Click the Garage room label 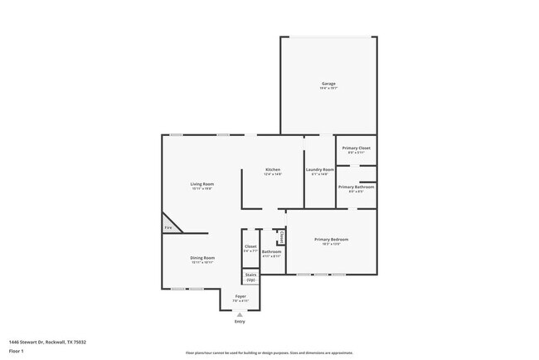point(328,84)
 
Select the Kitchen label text point(273,169)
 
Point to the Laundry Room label point(319,169)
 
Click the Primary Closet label point(357,148)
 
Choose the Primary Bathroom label point(356,187)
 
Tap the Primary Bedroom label point(331,240)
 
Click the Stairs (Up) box point(250,278)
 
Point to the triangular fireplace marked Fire point(169,226)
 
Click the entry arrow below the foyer point(240,315)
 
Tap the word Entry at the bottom point(240,322)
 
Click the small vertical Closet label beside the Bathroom point(281,237)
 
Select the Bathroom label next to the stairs point(271,251)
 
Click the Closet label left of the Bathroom point(250,246)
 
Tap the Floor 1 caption point(17,351)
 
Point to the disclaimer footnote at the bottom point(269,353)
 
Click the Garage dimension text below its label point(328,89)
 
